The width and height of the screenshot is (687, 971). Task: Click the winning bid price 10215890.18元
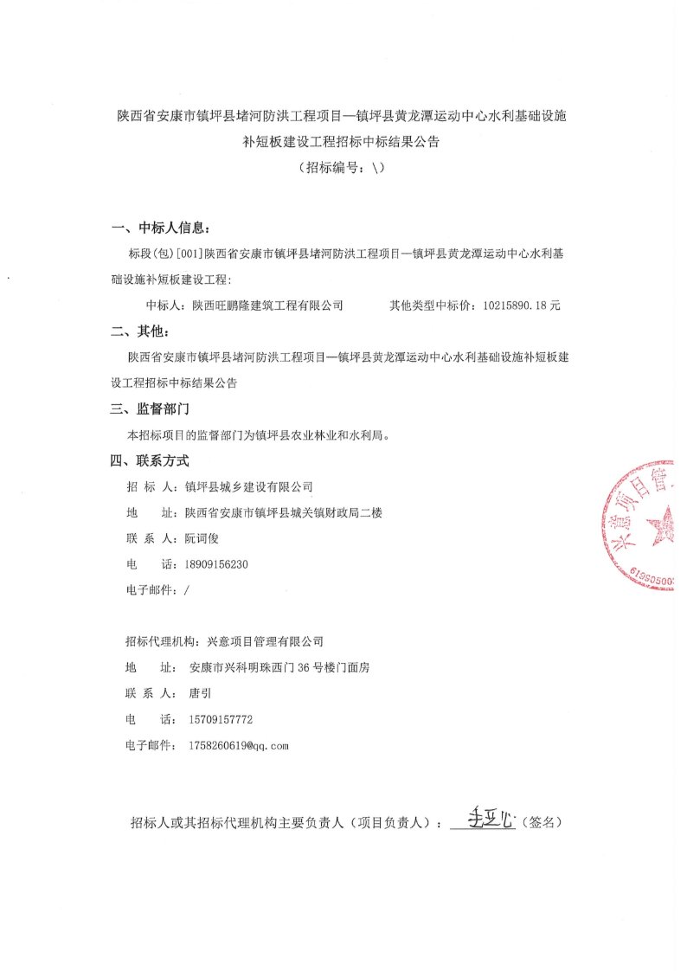(523, 305)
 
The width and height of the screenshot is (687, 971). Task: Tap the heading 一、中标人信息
(161, 228)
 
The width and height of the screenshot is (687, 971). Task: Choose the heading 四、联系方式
(149, 460)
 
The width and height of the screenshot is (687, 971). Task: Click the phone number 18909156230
(217, 563)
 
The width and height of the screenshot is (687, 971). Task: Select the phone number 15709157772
(221, 719)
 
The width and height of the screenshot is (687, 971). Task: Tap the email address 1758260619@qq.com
(237, 745)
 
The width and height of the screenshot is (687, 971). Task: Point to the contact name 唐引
(199, 693)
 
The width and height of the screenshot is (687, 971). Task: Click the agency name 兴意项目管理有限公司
(261, 641)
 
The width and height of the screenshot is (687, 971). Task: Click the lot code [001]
(189, 254)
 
